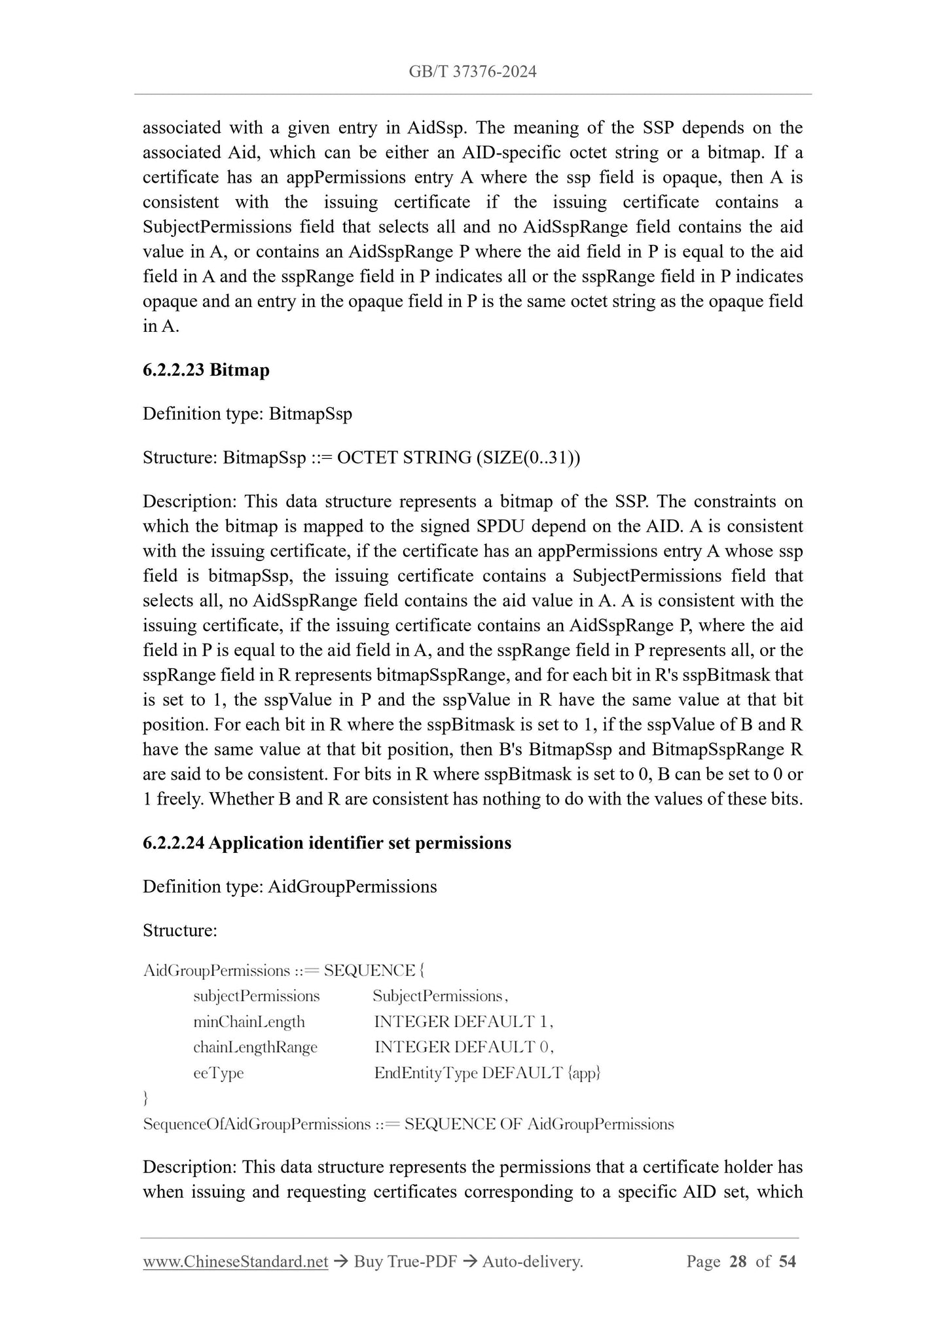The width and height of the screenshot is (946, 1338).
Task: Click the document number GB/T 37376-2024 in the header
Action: click(473, 72)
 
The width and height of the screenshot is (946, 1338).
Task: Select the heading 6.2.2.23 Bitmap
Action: click(206, 370)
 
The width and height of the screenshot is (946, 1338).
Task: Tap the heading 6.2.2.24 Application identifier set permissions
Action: click(327, 842)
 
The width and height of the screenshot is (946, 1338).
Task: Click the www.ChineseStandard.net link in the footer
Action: click(235, 1261)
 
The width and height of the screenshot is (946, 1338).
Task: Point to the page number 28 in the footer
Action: click(737, 1261)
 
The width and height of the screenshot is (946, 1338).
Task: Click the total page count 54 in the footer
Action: click(788, 1261)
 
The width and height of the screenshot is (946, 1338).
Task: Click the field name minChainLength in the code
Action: click(249, 1021)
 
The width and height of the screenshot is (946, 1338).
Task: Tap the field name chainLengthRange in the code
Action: click(255, 1047)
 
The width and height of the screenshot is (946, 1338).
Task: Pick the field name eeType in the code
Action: click(219, 1073)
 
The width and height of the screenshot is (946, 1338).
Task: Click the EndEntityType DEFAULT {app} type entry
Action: click(487, 1073)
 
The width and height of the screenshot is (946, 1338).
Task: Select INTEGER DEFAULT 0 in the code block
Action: click(464, 1047)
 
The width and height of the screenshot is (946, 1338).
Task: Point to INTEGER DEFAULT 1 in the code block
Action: click(464, 1021)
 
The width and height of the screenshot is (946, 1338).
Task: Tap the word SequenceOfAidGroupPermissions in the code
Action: click(257, 1124)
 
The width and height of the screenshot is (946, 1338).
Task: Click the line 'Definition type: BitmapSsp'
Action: click(247, 414)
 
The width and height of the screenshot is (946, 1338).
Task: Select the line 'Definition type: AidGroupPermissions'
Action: click(289, 886)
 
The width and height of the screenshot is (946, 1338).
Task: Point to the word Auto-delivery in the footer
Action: click(531, 1261)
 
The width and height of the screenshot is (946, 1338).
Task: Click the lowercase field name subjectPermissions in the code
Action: click(257, 996)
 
